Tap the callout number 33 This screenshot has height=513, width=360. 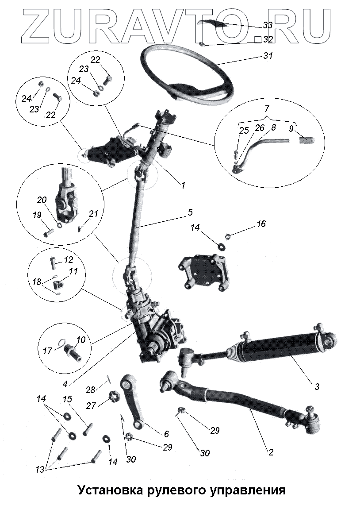click(x=267, y=26)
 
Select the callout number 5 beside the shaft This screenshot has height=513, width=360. click(x=190, y=212)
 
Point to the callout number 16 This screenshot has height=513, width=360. click(x=261, y=224)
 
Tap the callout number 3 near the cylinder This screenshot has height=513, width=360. click(x=317, y=386)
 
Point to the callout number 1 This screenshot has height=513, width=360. click(x=182, y=186)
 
